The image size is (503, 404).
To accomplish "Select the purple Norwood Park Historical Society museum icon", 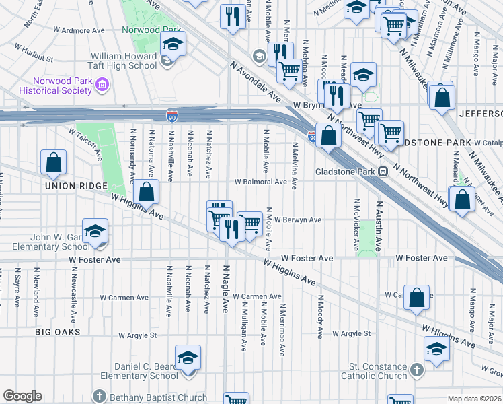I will click(x=102, y=84).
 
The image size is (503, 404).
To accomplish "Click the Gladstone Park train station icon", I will click(x=383, y=171).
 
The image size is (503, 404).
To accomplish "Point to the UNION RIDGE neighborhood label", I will click(x=76, y=186).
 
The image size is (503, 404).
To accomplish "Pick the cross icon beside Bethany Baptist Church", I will click(x=100, y=396).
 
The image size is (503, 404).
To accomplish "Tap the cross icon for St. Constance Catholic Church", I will click(x=417, y=370).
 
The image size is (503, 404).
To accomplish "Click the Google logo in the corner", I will click(x=22, y=396).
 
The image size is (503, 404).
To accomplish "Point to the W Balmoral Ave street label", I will click(x=261, y=182).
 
